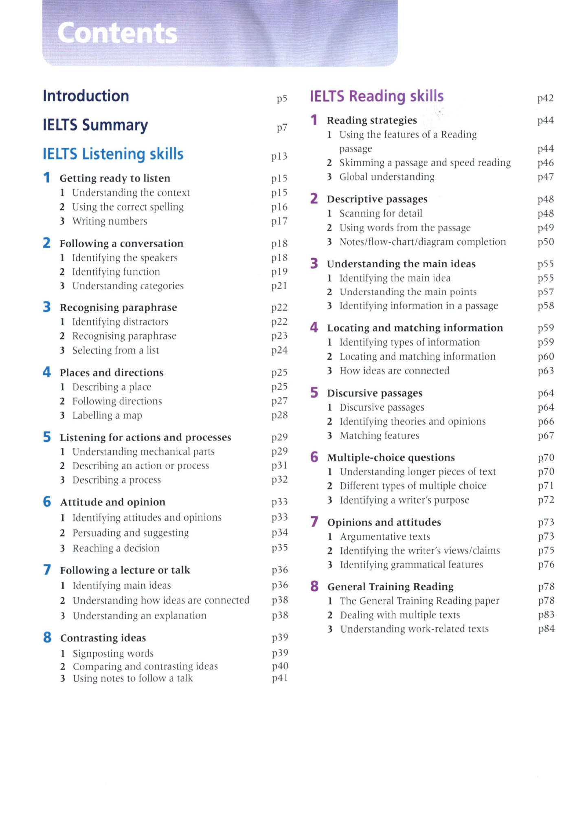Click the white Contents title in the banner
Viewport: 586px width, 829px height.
pyautogui.click(x=117, y=33)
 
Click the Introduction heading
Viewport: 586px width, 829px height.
pyautogui.click(x=86, y=96)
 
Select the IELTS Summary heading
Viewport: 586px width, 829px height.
pyautogui.click(x=95, y=125)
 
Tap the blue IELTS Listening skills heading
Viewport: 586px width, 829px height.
pyautogui.click(x=113, y=154)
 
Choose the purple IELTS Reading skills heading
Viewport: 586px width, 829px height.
pyautogui.click(x=377, y=96)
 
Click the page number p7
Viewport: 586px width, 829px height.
pyautogui.click(x=282, y=128)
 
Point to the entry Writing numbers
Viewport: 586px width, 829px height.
pyautogui.click(x=110, y=221)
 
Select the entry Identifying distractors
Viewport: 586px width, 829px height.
pyautogui.click(x=120, y=322)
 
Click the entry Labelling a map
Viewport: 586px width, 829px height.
pyautogui.click(x=107, y=416)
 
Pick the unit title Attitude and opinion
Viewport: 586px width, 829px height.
pyautogui.click(x=113, y=502)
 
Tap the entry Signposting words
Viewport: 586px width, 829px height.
pyautogui.click(x=113, y=653)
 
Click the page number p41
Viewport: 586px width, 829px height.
pyautogui.click(x=280, y=678)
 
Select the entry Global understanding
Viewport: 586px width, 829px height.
pyautogui.click(x=387, y=177)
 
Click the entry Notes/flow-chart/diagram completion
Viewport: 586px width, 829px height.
pyautogui.click(x=423, y=242)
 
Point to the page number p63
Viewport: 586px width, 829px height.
pyautogui.click(x=546, y=371)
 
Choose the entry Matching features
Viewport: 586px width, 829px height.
pyautogui.click(x=380, y=436)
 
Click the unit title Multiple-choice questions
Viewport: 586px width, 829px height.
pyautogui.click(x=391, y=457)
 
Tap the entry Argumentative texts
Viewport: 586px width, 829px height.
pyautogui.click(x=385, y=537)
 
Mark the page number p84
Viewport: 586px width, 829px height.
pyautogui.click(x=546, y=629)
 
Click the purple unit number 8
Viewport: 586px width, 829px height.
pyautogui.click(x=314, y=586)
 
